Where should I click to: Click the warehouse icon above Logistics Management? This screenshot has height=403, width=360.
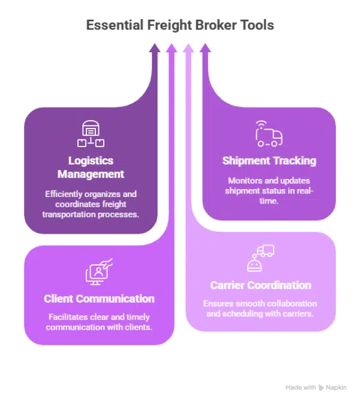91,133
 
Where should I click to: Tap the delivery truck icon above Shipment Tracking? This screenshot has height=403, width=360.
268,134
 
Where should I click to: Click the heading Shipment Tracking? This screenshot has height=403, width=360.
269,160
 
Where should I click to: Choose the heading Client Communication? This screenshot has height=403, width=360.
99,298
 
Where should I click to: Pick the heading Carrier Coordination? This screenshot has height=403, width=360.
260,285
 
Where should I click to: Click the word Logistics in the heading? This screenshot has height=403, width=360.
91,160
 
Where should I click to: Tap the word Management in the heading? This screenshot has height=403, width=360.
91,174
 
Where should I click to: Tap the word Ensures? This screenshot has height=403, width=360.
218,304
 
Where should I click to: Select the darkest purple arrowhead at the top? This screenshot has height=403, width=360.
154,48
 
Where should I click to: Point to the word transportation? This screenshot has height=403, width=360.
74,214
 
